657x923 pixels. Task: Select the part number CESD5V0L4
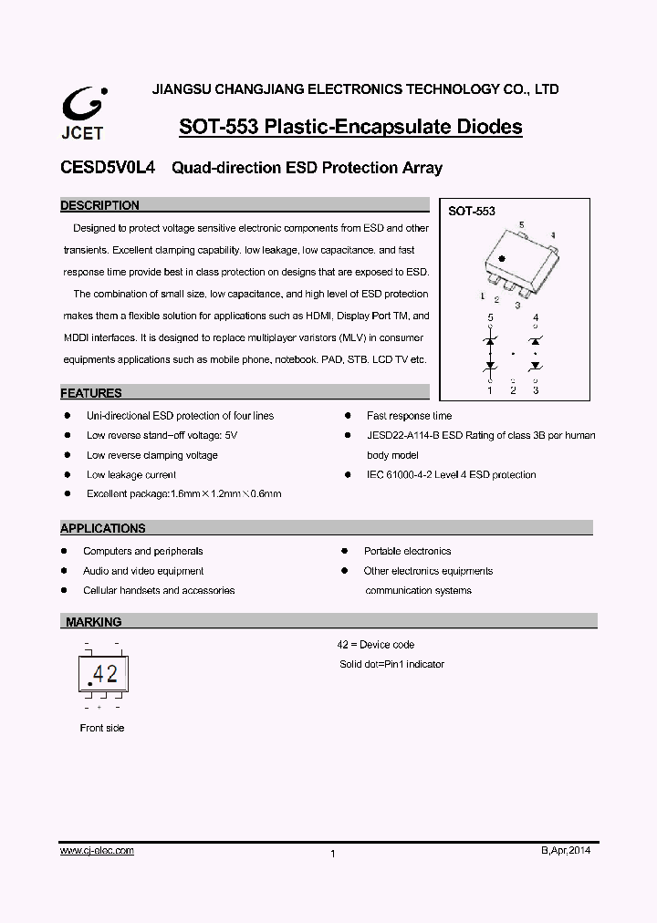pyautogui.click(x=107, y=168)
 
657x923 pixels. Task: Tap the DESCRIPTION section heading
pyautogui.click(x=99, y=206)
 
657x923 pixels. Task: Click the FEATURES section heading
pyautogui.click(x=91, y=394)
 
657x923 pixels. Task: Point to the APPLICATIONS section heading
pyautogui.click(x=102, y=528)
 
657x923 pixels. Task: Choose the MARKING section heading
pyautogui.click(x=93, y=622)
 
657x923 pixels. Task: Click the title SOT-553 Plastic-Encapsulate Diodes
pyautogui.click(x=350, y=127)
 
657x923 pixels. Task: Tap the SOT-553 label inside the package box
pyautogui.click(x=471, y=211)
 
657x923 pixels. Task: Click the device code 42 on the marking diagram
pyautogui.click(x=106, y=674)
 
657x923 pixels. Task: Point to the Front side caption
pyautogui.click(x=102, y=728)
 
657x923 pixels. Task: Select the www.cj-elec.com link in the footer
pyautogui.click(x=97, y=850)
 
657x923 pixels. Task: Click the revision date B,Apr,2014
pyautogui.click(x=566, y=850)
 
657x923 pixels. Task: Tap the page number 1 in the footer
pyautogui.click(x=333, y=854)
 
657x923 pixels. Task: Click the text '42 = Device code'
pyautogui.click(x=376, y=645)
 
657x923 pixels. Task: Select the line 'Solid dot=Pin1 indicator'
pyautogui.click(x=391, y=664)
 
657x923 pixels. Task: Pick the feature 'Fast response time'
pyautogui.click(x=409, y=416)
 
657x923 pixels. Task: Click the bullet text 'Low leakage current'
pyautogui.click(x=131, y=474)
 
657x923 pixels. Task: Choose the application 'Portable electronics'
pyautogui.click(x=407, y=551)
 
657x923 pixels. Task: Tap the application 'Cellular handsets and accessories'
pyautogui.click(x=159, y=590)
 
